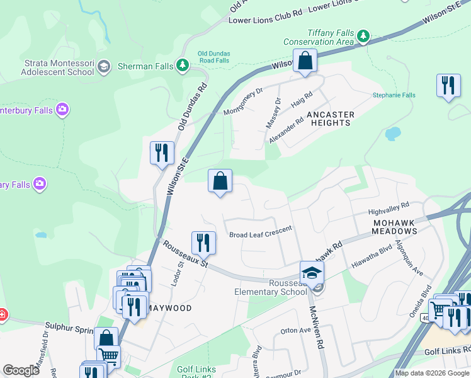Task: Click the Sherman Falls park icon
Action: [x=183, y=66]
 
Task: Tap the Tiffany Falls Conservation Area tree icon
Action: [x=363, y=37]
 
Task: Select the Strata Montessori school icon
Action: [x=104, y=67]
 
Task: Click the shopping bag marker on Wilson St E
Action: [x=305, y=62]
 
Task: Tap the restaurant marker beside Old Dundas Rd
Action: [x=161, y=153]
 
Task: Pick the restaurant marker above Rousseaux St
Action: [x=203, y=243]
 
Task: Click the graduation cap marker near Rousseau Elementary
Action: [x=312, y=273]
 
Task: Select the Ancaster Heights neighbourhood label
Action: [x=331, y=118]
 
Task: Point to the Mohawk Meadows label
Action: [x=395, y=227]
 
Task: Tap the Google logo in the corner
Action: [x=21, y=370]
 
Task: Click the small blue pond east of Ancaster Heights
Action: [x=392, y=134]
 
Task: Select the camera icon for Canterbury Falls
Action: [x=62, y=110]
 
